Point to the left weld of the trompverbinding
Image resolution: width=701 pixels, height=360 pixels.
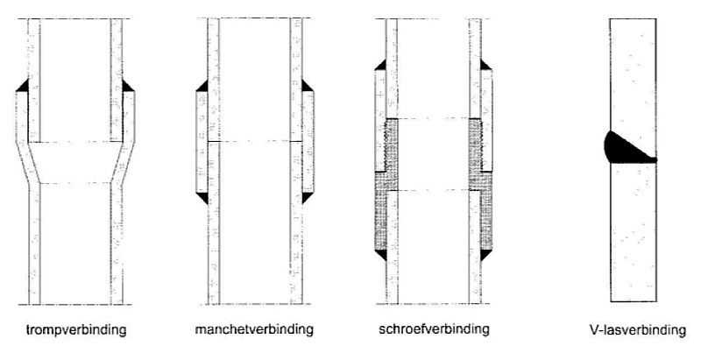(23, 88)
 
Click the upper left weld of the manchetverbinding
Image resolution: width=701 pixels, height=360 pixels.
(201, 85)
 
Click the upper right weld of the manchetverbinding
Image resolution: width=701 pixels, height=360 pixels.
(307, 85)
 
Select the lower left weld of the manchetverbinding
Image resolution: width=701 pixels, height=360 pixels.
(201, 198)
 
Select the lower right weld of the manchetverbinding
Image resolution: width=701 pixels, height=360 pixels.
(307, 198)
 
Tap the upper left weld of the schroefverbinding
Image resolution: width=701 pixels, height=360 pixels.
(379, 64)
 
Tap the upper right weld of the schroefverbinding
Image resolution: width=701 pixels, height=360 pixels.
(485, 64)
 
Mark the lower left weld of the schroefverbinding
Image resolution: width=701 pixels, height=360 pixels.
(379, 254)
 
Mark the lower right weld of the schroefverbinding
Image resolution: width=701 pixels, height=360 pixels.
(485, 254)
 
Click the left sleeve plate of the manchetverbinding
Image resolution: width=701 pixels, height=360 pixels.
(200, 140)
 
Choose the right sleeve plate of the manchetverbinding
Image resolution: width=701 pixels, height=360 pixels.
(308, 140)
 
